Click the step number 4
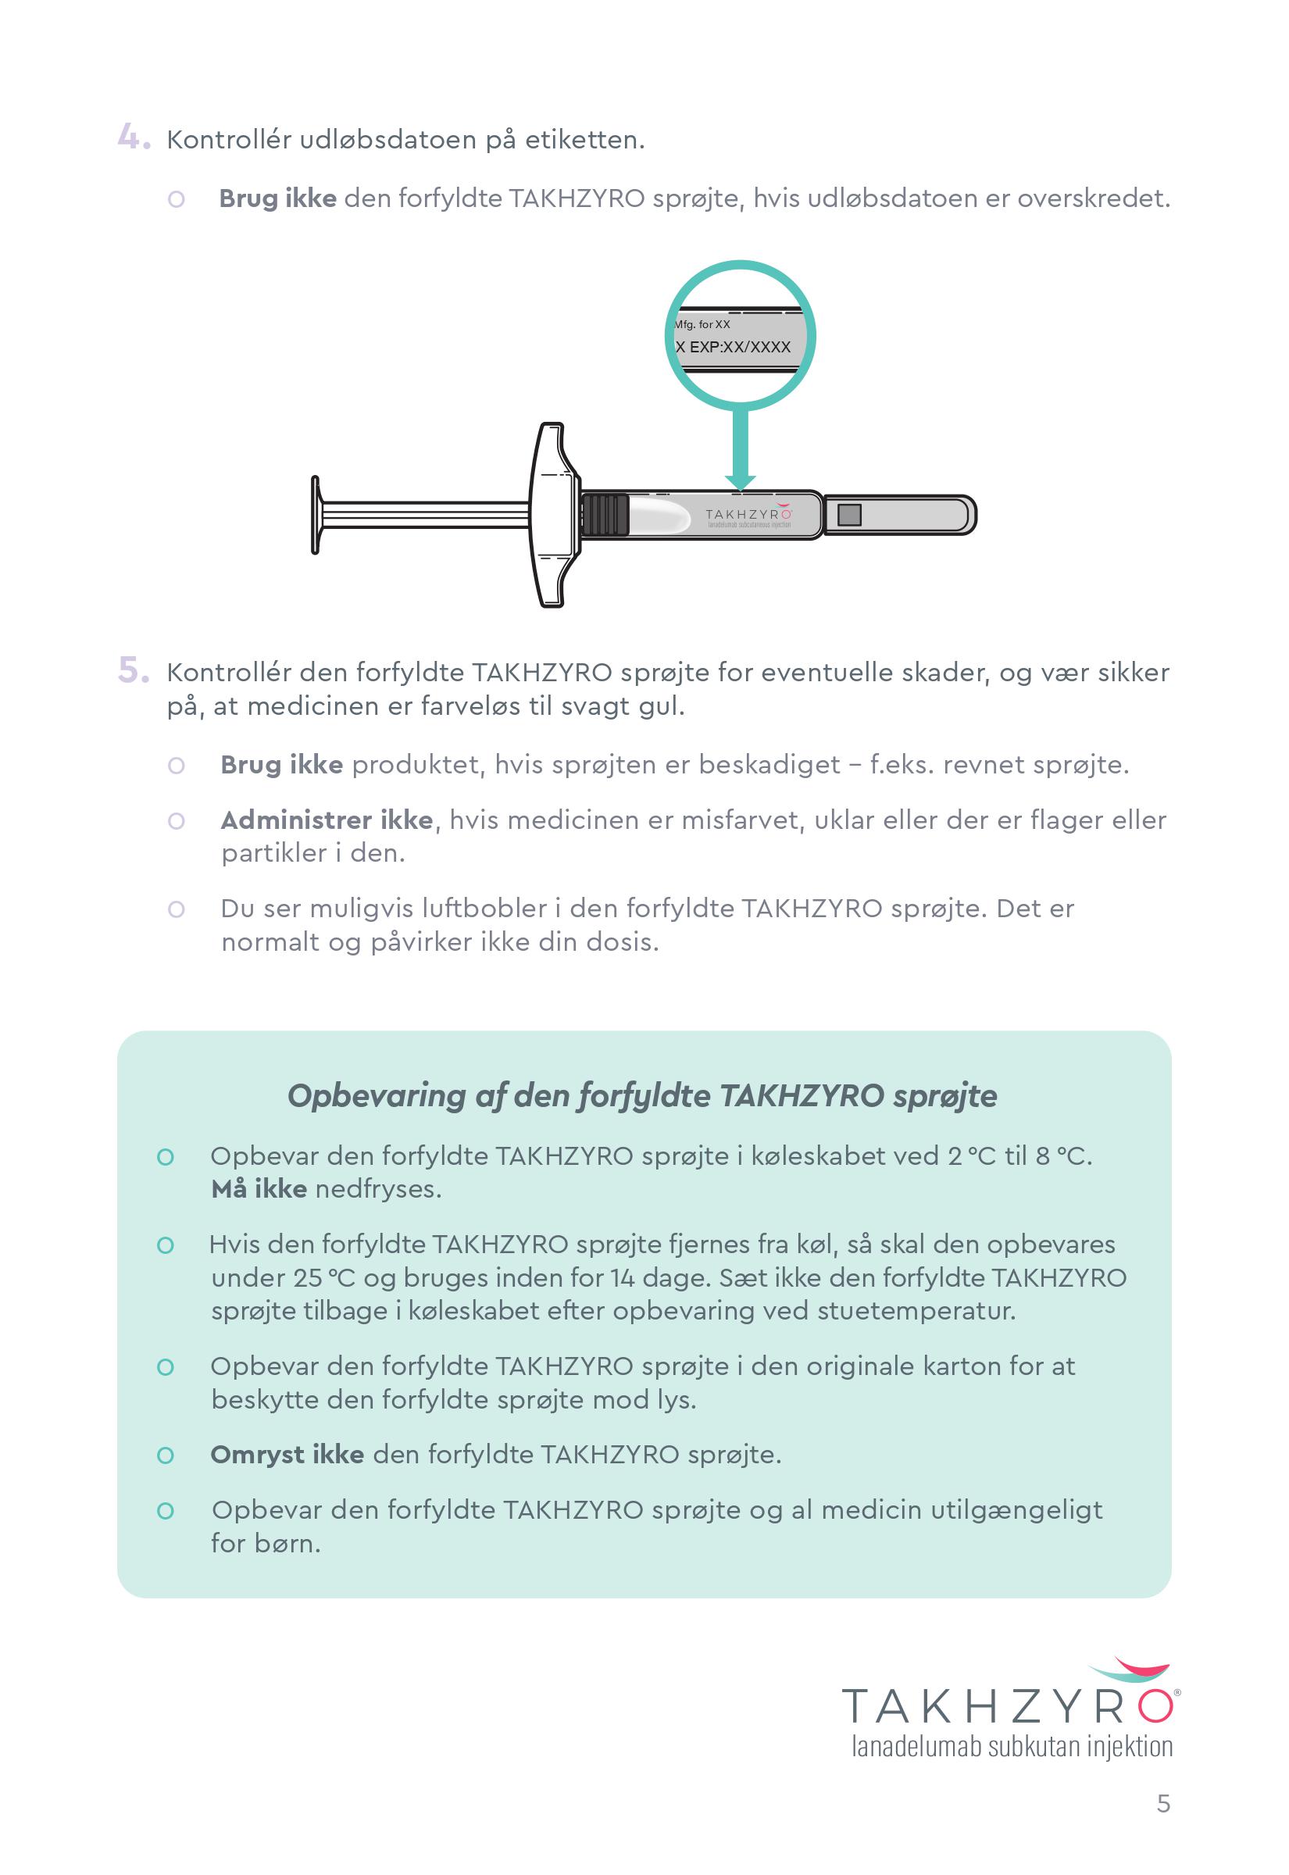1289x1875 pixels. pyautogui.click(x=133, y=137)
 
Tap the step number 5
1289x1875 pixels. pyautogui.click(x=133, y=670)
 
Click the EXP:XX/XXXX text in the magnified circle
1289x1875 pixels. pyautogui.click(x=740, y=347)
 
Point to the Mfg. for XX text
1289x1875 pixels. pyautogui.click(x=702, y=325)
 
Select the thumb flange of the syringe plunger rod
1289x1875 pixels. pyautogui.click(x=316, y=514)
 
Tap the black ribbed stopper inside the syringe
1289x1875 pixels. pyautogui.click(x=604, y=514)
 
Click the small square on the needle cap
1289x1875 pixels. pyautogui.click(x=849, y=514)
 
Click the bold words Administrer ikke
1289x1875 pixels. pyautogui.click(x=327, y=820)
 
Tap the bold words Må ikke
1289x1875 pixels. pyautogui.click(x=259, y=1189)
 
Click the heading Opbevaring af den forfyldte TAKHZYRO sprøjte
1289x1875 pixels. pyautogui.click(x=642, y=1096)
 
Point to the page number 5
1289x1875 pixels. pyautogui.click(x=1163, y=1803)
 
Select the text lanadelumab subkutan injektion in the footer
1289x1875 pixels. pyautogui.click(x=1011, y=1746)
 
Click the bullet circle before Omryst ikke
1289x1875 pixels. pyautogui.click(x=166, y=1455)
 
